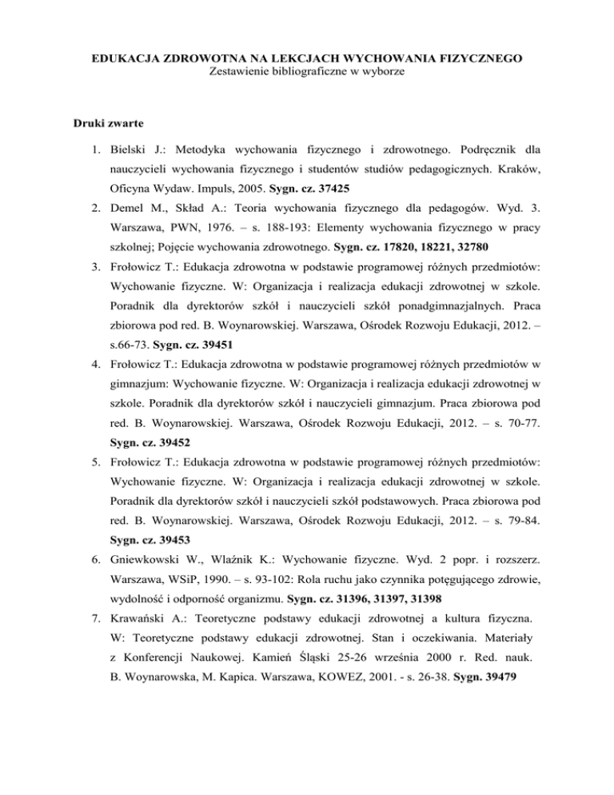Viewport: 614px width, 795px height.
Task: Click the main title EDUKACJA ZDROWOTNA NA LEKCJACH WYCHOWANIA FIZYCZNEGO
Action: click(307, 58)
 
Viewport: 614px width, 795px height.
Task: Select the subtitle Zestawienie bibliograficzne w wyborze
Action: click(307, 73)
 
